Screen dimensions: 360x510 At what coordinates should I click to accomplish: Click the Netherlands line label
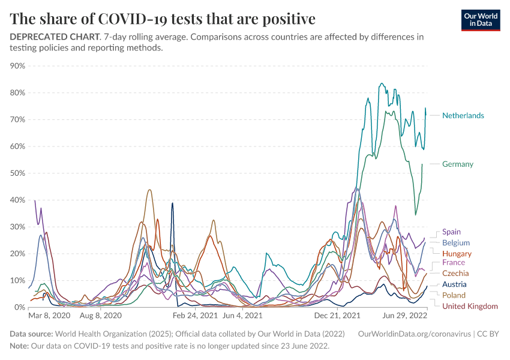463,115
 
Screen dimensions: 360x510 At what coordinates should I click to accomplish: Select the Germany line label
458,164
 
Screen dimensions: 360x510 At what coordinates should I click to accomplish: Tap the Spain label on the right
452,232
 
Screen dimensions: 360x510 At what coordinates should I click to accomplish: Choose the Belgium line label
456,243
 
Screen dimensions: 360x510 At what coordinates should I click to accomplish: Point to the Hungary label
457,254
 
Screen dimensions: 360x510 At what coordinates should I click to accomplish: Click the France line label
454,263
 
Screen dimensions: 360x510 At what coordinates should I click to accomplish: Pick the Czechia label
455,273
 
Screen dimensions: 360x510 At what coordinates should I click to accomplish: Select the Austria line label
454,284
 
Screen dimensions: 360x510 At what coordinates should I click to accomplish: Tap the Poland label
454,295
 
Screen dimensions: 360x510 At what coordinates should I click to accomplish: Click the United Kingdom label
470,306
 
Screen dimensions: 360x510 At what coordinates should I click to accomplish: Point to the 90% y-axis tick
17,66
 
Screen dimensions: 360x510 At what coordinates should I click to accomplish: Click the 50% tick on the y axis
17,173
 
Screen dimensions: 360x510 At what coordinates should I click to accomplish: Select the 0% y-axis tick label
19,307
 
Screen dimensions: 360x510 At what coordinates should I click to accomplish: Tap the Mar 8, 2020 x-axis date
49,315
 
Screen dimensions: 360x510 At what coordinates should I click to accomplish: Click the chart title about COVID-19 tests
163,19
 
